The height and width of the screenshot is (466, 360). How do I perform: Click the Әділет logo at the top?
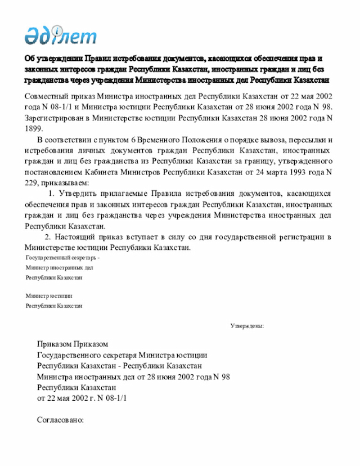click(x=60, y=35)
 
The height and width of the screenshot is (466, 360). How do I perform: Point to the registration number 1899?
click(x=34, y=129)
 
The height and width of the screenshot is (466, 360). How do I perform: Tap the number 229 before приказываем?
click(x=31, y=183)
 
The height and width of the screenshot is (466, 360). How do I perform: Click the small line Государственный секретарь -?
click(x=62, y=258)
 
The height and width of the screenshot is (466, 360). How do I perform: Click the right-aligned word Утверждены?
click(x=247, y=326)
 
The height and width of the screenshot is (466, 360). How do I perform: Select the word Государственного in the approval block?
click(x=69, y=356)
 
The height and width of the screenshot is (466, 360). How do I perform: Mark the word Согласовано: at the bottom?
click(x=60, y=420)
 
